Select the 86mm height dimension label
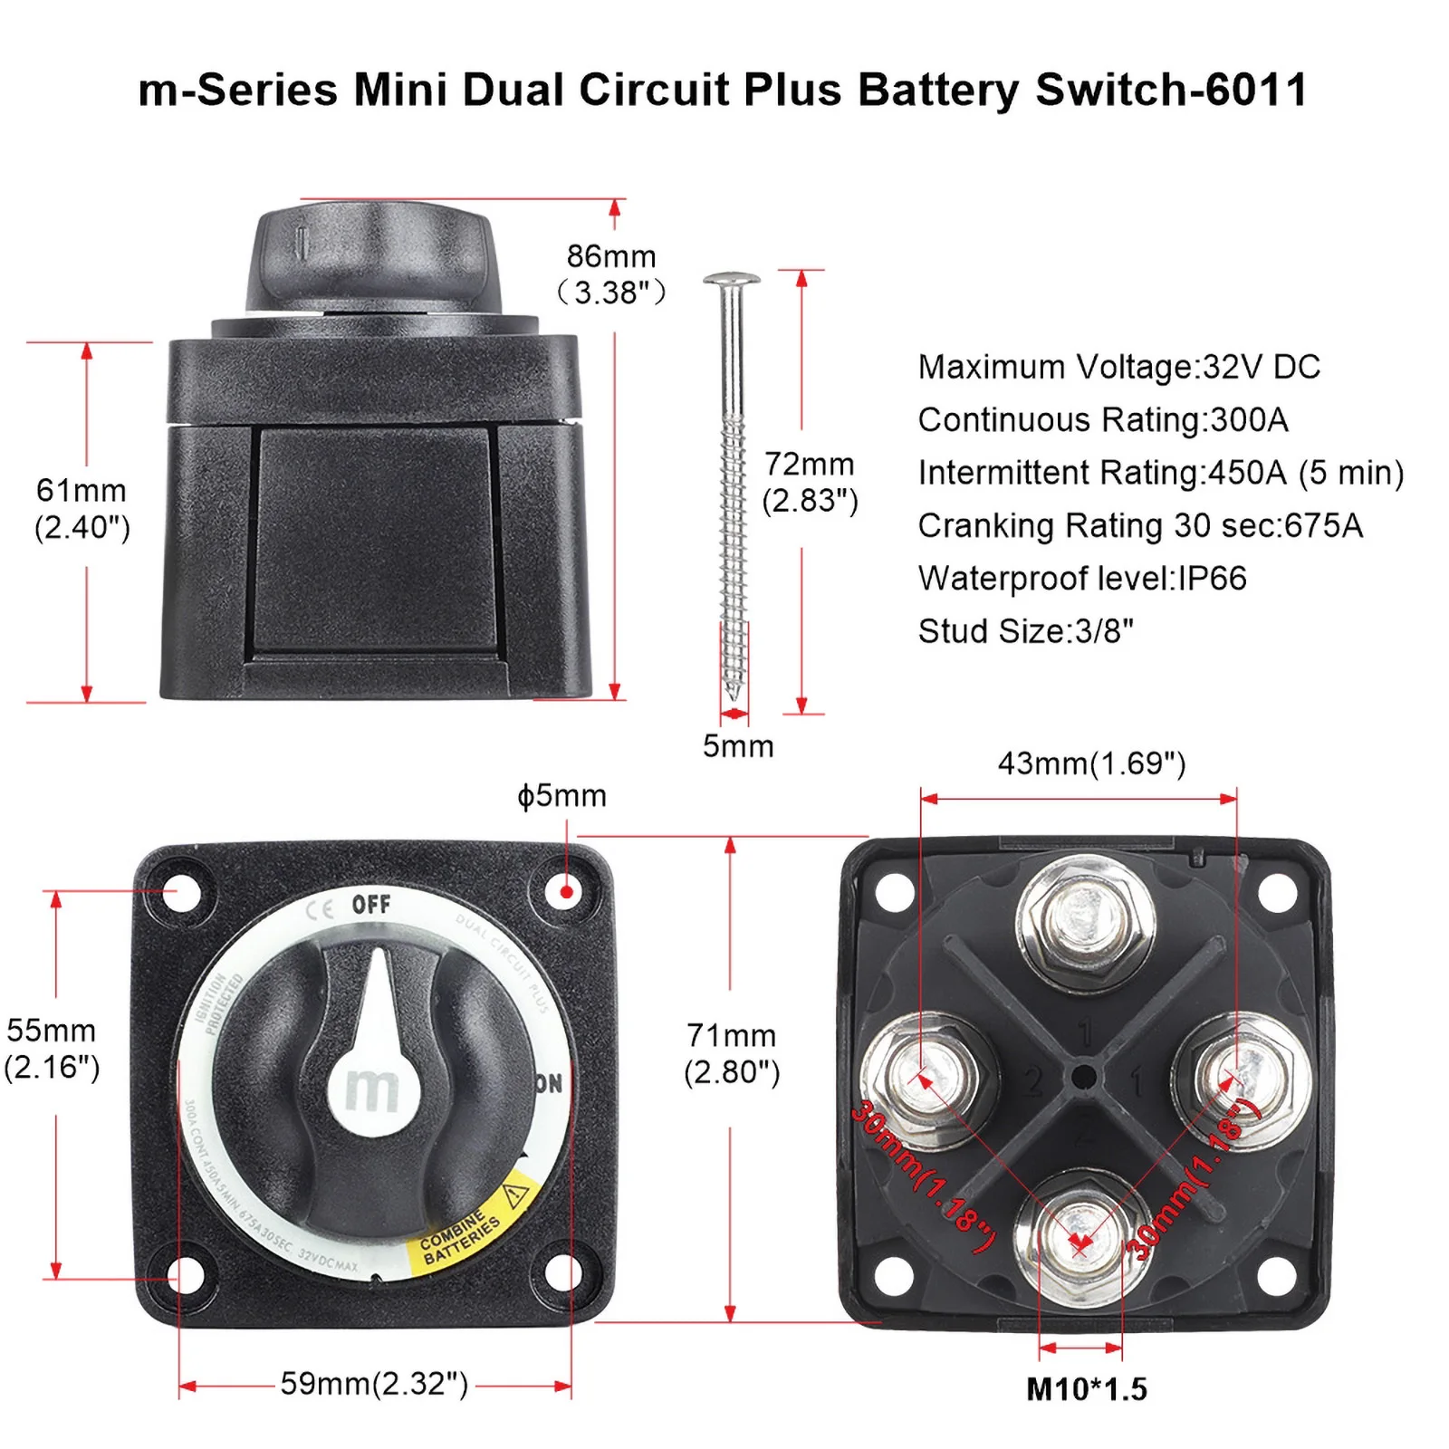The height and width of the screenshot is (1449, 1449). pos(612,273)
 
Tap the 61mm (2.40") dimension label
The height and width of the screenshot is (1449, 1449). pos(82,508)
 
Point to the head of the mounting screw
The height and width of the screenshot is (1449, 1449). pos(732,280)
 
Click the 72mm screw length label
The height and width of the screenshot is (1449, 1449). pos(810,482)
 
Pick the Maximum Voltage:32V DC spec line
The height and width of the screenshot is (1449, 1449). pos(1118,367)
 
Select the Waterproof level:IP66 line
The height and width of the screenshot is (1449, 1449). pos(1082,578)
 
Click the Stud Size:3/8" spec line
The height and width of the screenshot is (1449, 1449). pos(1025,630)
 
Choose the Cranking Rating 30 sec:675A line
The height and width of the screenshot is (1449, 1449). pos(1140,525)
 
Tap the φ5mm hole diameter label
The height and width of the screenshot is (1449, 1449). pos(561,795)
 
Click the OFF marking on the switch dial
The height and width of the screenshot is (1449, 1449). pos(371,904)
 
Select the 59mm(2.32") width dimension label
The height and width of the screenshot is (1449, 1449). pos(374,1383)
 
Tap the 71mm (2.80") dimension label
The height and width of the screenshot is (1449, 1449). pos(732,1053)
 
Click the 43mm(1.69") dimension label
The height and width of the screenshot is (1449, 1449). pos(1091,763)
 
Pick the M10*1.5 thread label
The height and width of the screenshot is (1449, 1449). pos(1086,1388)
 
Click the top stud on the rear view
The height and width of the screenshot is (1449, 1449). pos(1085,919)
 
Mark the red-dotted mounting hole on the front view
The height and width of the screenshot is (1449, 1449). pos(567,891)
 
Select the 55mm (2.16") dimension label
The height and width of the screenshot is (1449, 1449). pos(52,1049)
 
